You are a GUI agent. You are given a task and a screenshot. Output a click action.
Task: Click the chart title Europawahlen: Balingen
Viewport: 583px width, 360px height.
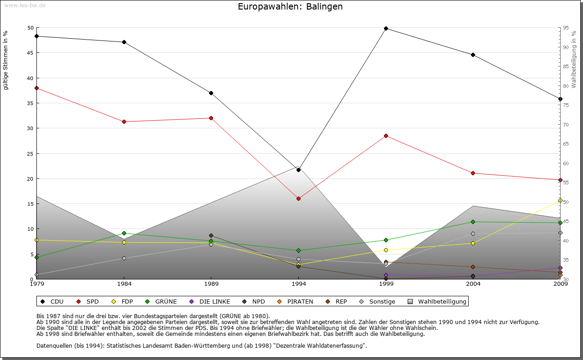tap(290, 7)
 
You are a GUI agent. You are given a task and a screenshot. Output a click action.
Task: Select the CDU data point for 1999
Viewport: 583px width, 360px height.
tap(386, 28)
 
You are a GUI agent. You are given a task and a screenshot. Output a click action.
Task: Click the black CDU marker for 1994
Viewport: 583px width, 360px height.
tap(298, 170)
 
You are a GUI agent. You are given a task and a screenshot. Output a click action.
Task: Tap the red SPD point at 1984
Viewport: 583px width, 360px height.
tap(124, 122)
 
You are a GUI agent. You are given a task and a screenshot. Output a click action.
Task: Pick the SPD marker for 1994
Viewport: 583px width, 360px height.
tap(298, 198)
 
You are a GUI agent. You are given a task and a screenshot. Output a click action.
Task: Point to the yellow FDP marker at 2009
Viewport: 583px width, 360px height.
tap(560, 200)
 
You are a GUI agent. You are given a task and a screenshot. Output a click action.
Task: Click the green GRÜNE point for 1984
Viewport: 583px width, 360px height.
tap(124, 233)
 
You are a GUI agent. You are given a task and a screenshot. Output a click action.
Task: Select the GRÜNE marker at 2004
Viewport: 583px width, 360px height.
tap(473, 222)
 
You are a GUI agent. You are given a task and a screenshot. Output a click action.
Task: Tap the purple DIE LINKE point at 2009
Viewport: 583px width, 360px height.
tap(560, 268)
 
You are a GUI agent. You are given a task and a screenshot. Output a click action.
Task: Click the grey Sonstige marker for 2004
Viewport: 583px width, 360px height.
tap(473, 233)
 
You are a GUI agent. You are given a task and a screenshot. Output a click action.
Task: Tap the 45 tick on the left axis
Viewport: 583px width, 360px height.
tap(31, 53)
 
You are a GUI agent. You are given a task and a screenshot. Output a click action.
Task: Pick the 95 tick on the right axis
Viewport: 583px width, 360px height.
tap(566, 28)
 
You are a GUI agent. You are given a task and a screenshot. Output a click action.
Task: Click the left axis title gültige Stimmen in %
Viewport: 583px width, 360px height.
tap(6, 60)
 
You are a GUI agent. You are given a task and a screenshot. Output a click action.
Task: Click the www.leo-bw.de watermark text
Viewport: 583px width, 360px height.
tap(25, 5)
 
